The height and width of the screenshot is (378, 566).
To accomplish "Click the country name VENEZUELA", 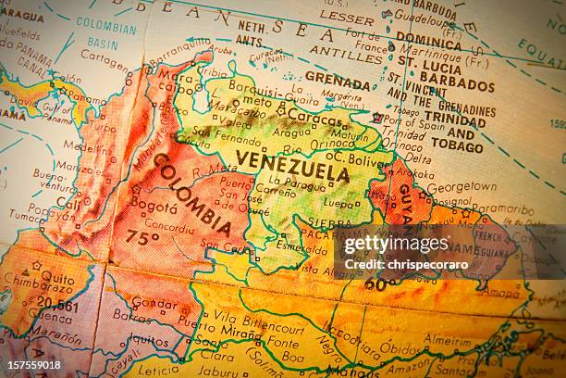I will pos(292,166).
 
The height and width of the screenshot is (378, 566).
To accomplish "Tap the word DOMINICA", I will pos(428,42).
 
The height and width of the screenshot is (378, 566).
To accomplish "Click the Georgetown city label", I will pos(461,186).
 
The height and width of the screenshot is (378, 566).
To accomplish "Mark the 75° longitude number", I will pos(141,237).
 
